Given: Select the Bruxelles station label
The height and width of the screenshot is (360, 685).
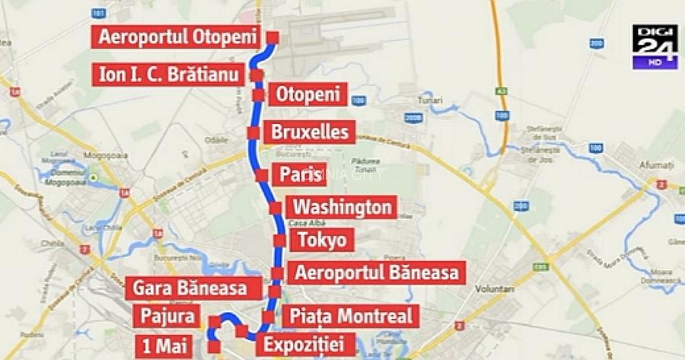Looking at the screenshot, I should [x=309, y=132].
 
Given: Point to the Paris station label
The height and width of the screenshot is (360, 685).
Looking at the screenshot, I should [x=301, y=174].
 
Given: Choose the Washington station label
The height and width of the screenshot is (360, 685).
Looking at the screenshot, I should [x=342, y=207].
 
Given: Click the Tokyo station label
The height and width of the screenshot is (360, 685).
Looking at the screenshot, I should [x=321, y=241].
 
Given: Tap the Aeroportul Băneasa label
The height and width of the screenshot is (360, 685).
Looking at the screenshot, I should [x=378, y=272].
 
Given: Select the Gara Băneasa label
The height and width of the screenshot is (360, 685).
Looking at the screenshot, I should [x=190, y=288].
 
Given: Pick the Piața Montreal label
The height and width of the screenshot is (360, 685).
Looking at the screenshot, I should [x=352, y=316].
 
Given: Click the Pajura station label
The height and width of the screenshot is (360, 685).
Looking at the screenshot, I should [x=166, y=316].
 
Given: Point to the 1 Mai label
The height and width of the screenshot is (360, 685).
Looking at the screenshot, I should [x=164, y=343].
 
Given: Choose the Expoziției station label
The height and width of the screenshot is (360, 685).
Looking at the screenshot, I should [x=304, y=343].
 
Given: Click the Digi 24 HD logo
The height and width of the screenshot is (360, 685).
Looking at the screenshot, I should [x=655, y=47].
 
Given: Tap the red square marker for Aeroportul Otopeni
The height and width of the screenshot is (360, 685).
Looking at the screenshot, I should [x=272, y=37].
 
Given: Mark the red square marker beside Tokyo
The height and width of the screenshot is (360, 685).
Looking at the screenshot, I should [x=279, y=241].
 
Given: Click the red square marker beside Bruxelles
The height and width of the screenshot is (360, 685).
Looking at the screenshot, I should [x=253, y=132].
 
